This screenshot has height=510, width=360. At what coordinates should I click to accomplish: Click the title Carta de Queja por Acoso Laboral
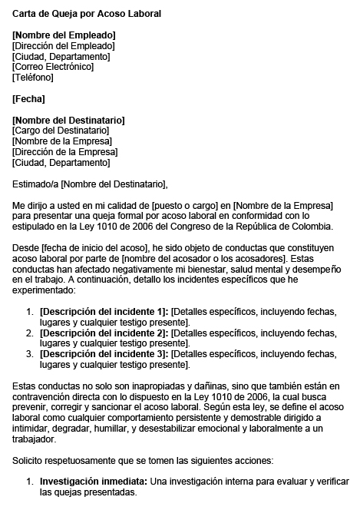tap(87, 14)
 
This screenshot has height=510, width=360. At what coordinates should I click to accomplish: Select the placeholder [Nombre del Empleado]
tap(64, 35)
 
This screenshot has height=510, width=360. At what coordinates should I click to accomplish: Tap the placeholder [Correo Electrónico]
tap(53, 67)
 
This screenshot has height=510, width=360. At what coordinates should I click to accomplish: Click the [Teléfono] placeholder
tap(33, 78)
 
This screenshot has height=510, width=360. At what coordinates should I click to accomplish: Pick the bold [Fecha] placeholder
tap(29, 98)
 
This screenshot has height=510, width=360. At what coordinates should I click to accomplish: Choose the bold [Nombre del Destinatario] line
tap(68, 120)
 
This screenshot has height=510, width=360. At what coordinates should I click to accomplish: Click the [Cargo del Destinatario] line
tap(61, 131)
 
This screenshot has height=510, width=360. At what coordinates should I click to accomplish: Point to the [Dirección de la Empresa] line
tap(64, 152)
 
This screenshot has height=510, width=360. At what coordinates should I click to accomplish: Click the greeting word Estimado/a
tap(35, 184)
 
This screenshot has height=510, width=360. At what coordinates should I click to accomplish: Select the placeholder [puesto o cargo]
tap(184, 206)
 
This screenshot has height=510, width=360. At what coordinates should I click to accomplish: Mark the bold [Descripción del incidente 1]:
tap(104, 311)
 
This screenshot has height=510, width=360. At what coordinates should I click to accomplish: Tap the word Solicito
tap(28, 459)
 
